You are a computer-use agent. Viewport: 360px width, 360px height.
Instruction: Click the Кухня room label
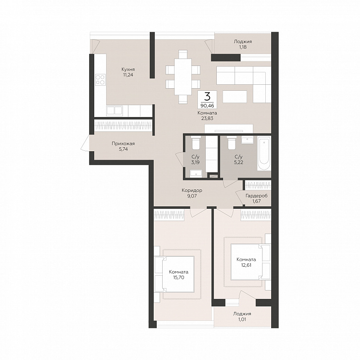(128, 69)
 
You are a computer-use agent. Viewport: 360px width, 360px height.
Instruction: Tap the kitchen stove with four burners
(100, 80)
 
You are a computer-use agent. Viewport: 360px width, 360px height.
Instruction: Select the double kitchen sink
(115, 111)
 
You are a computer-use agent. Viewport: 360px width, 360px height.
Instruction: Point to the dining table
(183, 77)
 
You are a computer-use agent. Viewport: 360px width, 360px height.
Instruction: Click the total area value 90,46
(207, 106)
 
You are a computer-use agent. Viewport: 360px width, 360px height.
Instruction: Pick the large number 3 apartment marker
(207, 97)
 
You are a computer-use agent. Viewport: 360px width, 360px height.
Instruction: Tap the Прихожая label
(123, 144)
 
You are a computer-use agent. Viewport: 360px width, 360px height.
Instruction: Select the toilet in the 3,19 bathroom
(195, 143)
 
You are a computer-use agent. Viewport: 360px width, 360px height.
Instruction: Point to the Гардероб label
(256, 196)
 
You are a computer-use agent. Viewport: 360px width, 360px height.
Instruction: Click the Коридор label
(192, 190)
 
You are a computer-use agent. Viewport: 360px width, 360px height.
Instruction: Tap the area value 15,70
(179, 277)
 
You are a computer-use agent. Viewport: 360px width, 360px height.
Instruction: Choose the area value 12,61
(246, 265)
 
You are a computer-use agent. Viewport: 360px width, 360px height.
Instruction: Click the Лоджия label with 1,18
(242, 42)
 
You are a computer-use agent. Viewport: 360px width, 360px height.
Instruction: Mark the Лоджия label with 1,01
(242, 313)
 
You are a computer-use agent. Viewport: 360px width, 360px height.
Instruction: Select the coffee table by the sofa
(235, 96)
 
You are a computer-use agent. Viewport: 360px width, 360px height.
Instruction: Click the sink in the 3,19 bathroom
(196, 174)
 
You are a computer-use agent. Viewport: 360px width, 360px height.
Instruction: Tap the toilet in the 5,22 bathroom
(231, 143)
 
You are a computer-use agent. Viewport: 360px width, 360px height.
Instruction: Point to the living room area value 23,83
(207, 119)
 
